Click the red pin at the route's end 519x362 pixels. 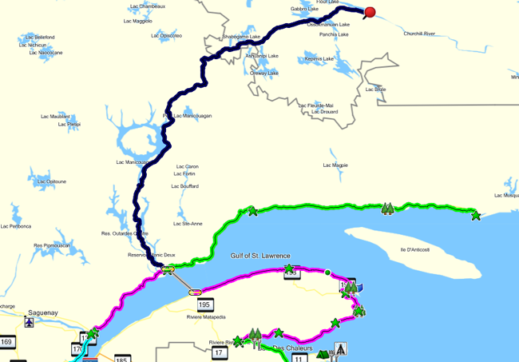[x=370, y=12]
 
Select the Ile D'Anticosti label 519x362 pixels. [x=414, y=249]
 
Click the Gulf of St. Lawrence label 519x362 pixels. [x=260, y=256]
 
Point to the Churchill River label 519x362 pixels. [x=418, y=34]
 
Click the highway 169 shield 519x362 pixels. [x=7, y=343]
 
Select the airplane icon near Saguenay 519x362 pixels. [x=30, y=323]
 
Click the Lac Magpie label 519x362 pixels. [x=335, y=165]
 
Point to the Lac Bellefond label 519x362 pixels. [x=39, y=37]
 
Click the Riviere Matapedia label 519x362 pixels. [x=204, y=317]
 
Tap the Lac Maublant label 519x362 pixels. [x=56, y=117]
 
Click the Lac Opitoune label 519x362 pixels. [x=51, y=181]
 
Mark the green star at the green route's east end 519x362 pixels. [x=476, y=216]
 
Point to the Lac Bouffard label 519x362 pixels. [x=184, y=185]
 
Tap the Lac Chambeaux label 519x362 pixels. [x=148, y=6]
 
